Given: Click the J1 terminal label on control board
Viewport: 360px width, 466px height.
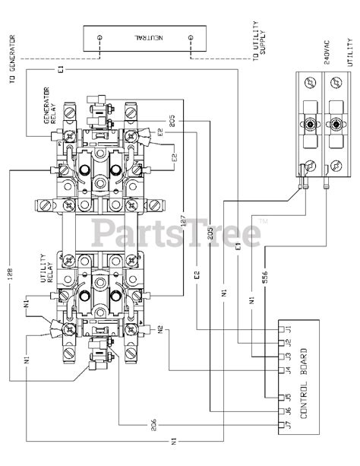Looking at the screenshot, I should click(x=288, y=330).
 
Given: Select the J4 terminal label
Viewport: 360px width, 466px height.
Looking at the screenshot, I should click(x=288, y=369).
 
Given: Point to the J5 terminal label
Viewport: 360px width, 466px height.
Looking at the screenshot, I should click(x=288, y=398).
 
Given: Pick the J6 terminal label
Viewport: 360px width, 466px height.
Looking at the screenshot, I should click(x=288, y=411).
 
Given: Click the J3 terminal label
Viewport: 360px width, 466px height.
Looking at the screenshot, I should click(x=288, y=356).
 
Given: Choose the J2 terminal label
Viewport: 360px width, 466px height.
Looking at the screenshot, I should click(x=288, y=342).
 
